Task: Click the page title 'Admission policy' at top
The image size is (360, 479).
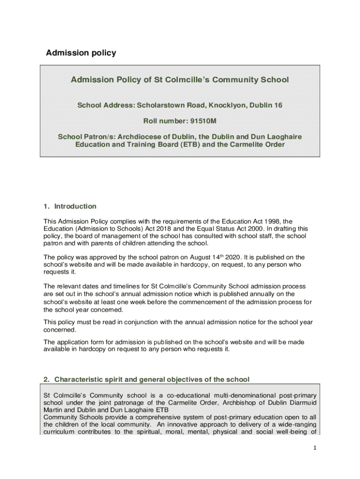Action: pyautogui.click(x=81, y=53)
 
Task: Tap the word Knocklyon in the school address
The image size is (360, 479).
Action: pyautogui.click(x=222, y=105)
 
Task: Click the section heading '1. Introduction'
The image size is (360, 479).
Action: pyautogui.click(x=70, y=206)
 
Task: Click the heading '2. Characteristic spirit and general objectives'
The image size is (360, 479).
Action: pyautogui.click(x=146, y=379)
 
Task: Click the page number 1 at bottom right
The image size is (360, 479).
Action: pyautogui.click(x=315, y=448)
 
